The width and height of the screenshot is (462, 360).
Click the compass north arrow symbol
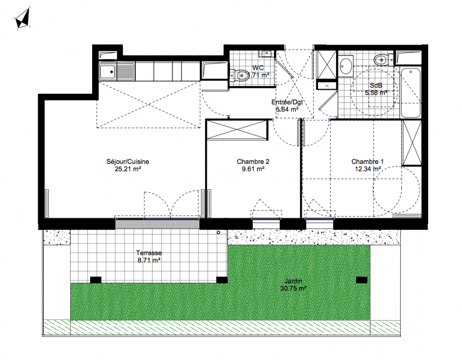[x=22, y=18]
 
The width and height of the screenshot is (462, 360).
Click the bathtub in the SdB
[x=410, y=93]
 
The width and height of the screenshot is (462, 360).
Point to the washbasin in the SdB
[x=345, y=66]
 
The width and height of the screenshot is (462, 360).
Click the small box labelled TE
[x=327, y=86]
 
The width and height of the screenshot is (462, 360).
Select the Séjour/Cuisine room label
[x=128, y=162]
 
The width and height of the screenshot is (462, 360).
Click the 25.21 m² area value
[x=128, y=169]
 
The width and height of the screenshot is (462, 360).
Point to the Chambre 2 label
[x=253, y=162]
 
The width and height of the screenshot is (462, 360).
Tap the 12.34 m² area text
[x=368, y=169]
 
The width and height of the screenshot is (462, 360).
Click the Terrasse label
[x=149, y=253]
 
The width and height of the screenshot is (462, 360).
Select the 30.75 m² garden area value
[x=293, y=288]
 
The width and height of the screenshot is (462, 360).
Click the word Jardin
[x=293, y=281]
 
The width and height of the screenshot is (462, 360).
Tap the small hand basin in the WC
[x=267, y=54]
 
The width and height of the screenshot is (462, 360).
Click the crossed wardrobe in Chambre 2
[x=237, y=129]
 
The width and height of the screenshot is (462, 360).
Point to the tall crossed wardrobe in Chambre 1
[x=412, y=143]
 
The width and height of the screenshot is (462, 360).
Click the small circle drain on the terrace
[x=219, y=232]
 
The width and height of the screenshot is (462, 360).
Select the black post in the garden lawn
[x=362, y=280]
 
